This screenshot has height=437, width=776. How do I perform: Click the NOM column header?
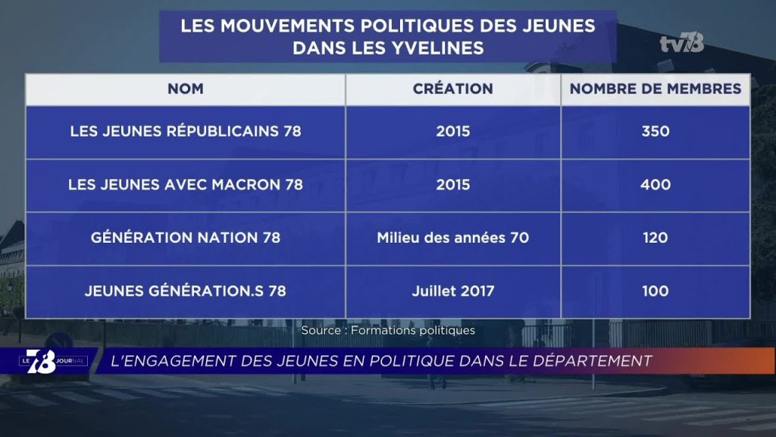(x=185, y=89)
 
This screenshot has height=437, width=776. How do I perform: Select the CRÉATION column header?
(x=453, y=89)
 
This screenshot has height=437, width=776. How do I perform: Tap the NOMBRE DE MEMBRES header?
(x=656, y=89)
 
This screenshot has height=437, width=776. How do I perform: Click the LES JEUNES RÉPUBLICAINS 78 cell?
(x=186, y=131)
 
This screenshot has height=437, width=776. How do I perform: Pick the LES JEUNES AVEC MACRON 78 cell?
(x=186, y=185)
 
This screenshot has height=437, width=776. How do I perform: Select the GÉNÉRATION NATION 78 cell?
(x=186, y=237)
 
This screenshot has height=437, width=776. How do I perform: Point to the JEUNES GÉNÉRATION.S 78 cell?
(x=186, y=291)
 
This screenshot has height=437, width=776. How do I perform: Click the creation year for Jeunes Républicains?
(x=453, y=131)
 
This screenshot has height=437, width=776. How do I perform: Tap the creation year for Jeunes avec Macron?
(x=453, y=185)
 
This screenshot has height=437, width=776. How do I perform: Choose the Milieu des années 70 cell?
(x=453, y=237)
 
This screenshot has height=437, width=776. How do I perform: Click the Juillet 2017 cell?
(x=453, y=291)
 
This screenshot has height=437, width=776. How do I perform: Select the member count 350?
(x=656, y=131)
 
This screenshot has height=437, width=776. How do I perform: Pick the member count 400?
(x=656, y=185)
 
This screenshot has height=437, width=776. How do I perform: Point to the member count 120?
(x=656, y=237)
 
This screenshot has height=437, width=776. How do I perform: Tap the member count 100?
(x=656, y=291)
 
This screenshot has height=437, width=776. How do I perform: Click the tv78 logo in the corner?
(x=682, y=43)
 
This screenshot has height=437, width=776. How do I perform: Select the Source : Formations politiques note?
(x=388, y=331)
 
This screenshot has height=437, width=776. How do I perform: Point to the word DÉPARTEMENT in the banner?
(x=593, y=360)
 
